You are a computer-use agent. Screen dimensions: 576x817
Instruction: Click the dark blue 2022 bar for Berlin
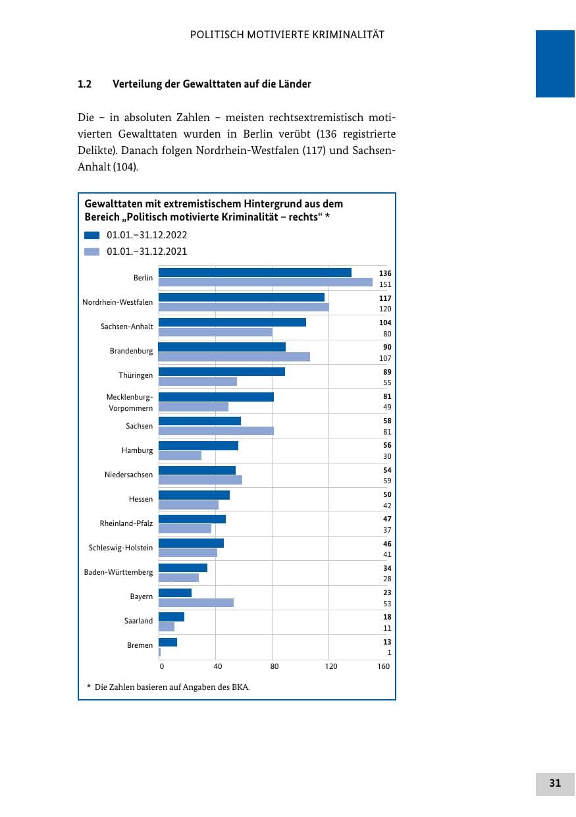255,273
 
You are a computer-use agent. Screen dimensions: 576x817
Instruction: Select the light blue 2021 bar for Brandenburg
234,357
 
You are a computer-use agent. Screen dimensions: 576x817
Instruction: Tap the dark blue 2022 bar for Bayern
175,593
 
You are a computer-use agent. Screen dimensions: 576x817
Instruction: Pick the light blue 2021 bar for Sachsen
216,431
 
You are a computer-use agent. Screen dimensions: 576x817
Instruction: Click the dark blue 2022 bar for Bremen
168,642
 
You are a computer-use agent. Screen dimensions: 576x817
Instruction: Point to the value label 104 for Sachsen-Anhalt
385,323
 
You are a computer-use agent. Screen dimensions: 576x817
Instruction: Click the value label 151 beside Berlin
385,284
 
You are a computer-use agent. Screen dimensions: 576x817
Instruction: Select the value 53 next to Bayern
387,604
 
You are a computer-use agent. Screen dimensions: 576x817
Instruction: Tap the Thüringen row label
136,375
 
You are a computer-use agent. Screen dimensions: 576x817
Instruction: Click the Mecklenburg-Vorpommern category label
130,402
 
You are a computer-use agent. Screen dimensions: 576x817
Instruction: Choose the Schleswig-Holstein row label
120,548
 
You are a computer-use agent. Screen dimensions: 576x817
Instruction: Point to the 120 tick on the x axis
331,666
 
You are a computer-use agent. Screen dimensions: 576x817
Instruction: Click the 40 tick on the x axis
218,666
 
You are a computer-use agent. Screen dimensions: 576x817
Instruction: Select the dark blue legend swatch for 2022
92,235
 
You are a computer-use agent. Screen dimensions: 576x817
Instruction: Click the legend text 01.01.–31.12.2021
147,251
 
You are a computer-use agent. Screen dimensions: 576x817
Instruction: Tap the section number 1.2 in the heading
84,84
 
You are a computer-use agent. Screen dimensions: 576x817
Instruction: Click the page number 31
555,783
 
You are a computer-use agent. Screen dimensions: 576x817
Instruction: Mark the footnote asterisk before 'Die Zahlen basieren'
89,686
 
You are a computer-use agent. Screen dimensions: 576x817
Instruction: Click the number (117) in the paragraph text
314,150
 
